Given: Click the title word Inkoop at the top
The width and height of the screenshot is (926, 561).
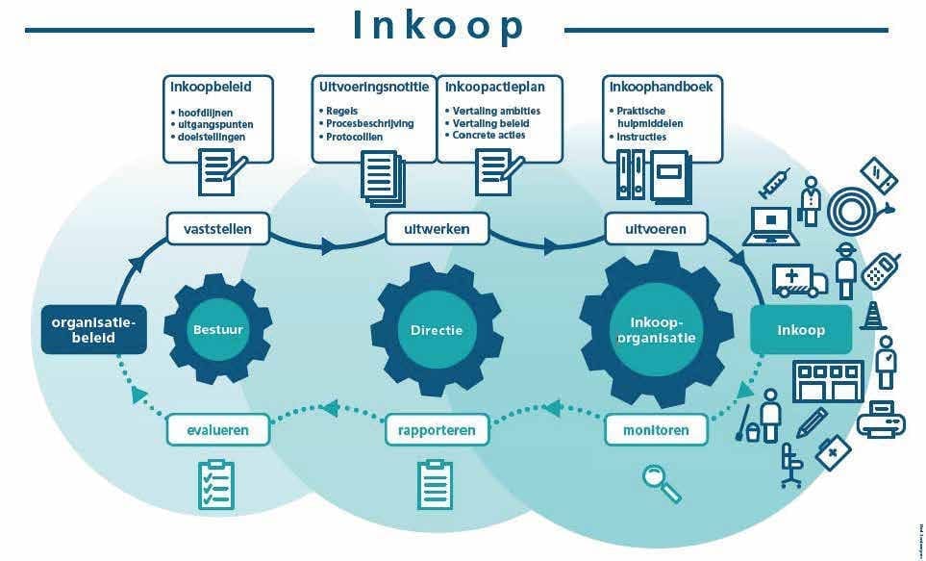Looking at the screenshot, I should pos(438,27).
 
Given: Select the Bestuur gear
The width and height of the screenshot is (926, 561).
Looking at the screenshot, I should pos(217,329).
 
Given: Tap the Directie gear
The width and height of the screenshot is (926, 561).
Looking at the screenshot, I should pos(436,329).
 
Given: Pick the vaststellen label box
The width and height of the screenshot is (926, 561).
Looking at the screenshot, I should pos(217,230).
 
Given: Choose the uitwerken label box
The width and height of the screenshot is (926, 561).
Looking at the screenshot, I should pos(438,230).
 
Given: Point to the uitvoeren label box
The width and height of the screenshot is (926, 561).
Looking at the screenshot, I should pos(656,230).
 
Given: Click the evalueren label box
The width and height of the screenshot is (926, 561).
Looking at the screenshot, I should pos(218,429).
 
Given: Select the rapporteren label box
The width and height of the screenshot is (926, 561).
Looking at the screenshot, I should pos(437,429).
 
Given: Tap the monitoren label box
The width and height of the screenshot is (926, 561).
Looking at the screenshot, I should pos(656,429).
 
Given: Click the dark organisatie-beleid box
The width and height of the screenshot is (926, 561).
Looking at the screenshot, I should pos(94,329).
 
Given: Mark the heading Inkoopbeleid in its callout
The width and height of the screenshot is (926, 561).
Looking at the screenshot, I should pos(211,87).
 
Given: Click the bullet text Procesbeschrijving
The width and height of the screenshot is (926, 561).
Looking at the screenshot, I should pos(368,123).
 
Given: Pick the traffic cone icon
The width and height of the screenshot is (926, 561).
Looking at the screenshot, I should pos(873,316).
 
